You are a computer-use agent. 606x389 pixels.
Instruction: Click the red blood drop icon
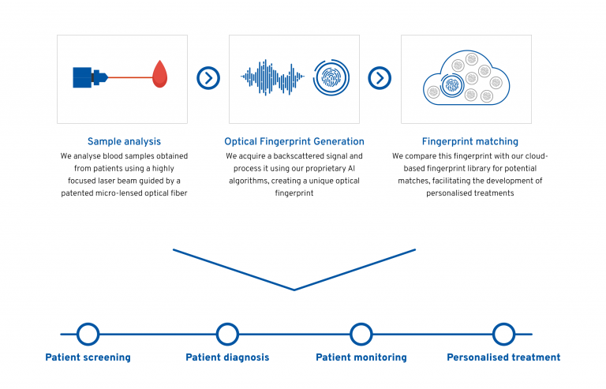tap(160, 74)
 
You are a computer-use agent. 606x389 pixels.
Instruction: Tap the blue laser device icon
tap(90, 77)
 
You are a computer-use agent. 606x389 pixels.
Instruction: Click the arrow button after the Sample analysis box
tap(208, 78)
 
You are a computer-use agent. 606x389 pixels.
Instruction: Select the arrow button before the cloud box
tap(380, 78)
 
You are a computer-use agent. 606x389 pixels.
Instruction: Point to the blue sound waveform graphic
tap(272, 77)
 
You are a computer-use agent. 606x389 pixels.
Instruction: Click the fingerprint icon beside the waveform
tap(331, 77)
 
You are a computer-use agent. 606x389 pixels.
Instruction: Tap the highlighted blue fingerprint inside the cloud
tap(452, 85)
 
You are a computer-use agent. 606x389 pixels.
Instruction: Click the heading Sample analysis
tap(124, 141)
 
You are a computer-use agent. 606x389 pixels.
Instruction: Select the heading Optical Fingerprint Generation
tap(294, 141)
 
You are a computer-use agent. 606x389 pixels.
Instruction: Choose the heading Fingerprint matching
tap(470, 141)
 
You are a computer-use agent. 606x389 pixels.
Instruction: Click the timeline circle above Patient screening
tap(88, 334)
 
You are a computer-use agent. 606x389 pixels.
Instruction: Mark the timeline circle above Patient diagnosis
tap(227, 334)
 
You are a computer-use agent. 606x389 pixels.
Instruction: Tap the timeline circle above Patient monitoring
tap(361, 334)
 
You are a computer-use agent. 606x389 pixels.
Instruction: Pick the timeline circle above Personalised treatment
tap(503, 334)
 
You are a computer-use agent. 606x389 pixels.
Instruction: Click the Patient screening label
tap(88, 357)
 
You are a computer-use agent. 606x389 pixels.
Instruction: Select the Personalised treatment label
tap(503, 357)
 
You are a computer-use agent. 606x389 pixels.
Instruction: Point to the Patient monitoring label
tap(361, 357)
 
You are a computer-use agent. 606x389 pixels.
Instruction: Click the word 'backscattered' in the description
tap(297, 156)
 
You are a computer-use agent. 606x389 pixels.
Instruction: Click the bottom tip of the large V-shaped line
tap(294, 290)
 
